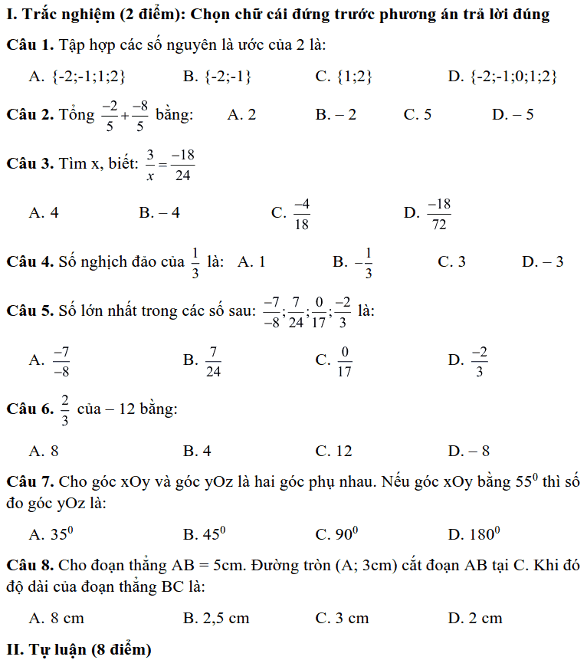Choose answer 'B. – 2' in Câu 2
click(x=336, y=115)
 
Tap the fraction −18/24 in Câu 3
click(x=182, y=165)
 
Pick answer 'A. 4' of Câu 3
click(x=44, y=213)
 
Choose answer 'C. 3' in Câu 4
click(x=451, y=262)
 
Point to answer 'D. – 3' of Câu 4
click(x=543, y=262)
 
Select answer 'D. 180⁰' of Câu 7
click(x=474, y=533)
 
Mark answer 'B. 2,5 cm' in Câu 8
click(x=217, y=618)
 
